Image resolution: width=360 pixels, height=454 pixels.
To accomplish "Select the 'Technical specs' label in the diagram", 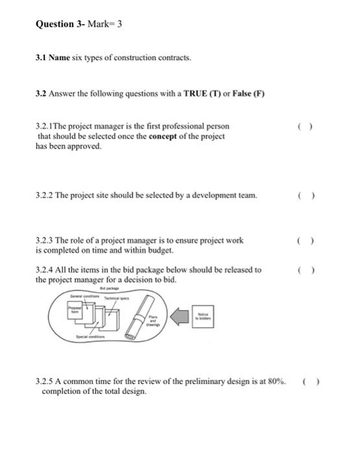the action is [116, 296].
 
